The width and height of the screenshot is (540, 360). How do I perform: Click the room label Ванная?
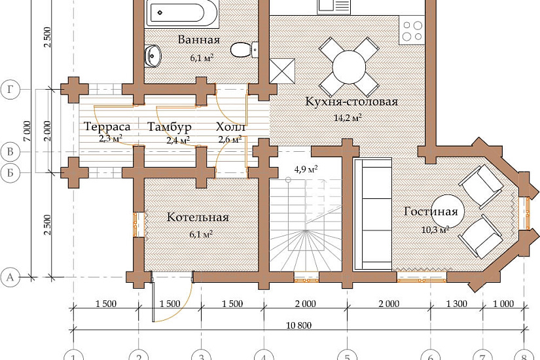199,40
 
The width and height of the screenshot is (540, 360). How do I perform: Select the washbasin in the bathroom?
153,56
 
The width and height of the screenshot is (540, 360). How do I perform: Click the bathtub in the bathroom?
182,14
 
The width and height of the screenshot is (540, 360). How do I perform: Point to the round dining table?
349,67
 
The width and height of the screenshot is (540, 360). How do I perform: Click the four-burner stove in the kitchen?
412,31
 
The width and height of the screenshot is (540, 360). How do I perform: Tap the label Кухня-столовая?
351,101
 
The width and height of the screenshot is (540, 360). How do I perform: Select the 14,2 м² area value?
348,118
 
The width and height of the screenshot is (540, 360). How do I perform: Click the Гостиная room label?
431,211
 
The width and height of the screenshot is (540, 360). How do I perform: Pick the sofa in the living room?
373,213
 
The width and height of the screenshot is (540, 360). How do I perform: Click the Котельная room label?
198,217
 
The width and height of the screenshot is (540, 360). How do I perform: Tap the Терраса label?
107,127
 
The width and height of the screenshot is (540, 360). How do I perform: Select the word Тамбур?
170,127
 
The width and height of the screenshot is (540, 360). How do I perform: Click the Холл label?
230,127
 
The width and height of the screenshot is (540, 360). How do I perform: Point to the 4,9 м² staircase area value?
306,170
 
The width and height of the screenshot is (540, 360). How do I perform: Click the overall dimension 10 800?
299,325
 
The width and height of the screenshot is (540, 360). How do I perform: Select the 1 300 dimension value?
457,304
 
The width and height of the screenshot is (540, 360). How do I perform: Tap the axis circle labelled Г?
10,90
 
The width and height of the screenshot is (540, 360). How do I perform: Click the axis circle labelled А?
10,277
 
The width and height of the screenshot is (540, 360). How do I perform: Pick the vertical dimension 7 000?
27,131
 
